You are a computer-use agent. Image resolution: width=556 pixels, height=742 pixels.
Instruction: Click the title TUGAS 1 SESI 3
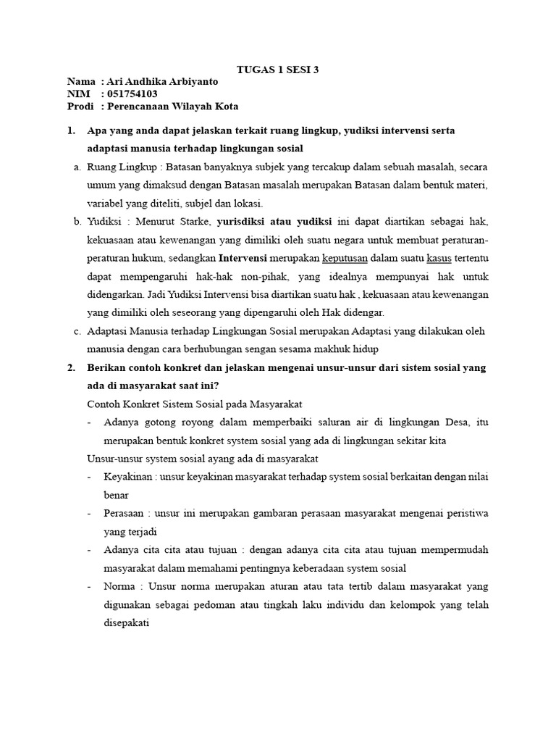coord(278,70)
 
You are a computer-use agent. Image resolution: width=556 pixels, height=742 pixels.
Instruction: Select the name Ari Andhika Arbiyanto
coord(161,82)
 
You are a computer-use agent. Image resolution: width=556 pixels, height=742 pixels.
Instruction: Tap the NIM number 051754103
coord(132,93)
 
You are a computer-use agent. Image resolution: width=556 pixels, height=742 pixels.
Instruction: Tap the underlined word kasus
coord(439,258)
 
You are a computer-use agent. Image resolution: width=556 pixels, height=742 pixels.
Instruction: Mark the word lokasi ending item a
coord(248,203)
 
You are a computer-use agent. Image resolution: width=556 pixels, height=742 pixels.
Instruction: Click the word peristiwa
coord(463,514)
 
